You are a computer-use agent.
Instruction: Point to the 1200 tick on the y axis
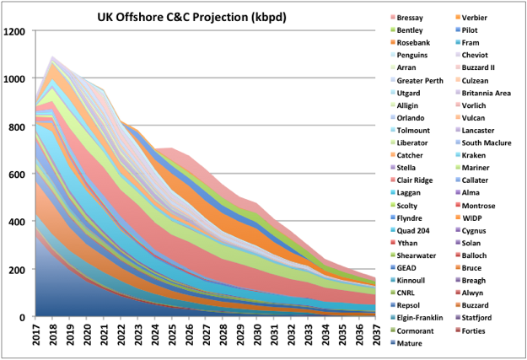pos(16,31)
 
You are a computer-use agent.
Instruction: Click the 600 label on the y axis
pos(19,175)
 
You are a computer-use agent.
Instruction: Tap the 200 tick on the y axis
pos(19,270)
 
